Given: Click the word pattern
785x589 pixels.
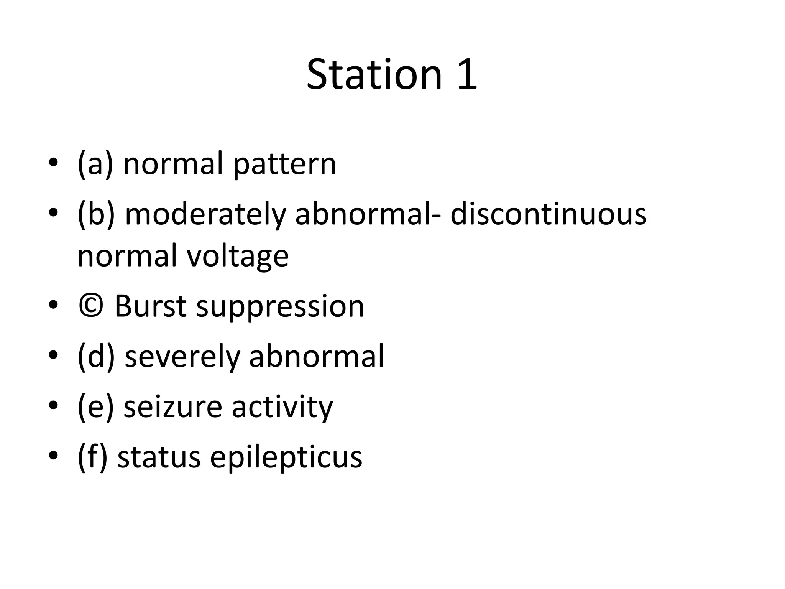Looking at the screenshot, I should click(x=284, y=165).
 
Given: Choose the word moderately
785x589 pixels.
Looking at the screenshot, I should click(x=205, y=215).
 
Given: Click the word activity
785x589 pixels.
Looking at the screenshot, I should click(x=282, y=407).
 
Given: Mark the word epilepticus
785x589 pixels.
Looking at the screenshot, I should click(x=286, y=458).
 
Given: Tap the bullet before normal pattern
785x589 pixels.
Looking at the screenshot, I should click(x=53, y=163).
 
